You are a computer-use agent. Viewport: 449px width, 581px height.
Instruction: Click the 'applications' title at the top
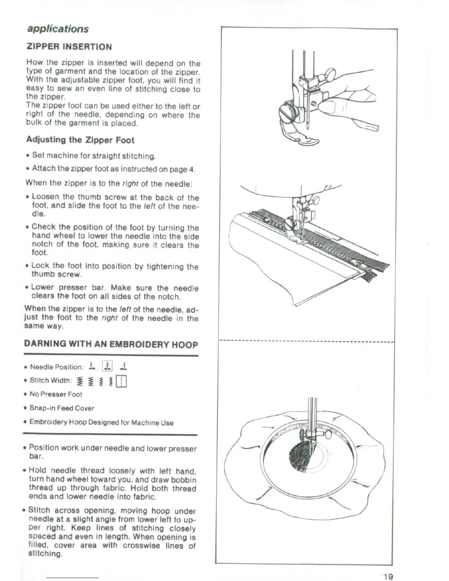[x=57, y=29]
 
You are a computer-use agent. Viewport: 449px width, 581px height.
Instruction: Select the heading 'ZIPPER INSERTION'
[x=69, y=47]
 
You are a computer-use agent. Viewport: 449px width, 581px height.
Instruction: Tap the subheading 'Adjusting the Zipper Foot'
[x=80, y=140]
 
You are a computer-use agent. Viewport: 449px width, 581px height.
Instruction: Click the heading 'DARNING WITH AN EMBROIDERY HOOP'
[x=111, y=344]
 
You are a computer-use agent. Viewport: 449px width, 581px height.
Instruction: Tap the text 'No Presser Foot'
[x=56, y=394]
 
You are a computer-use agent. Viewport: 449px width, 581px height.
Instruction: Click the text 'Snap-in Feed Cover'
[x=62, y=408]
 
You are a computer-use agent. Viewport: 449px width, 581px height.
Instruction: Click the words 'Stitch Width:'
[x=50, y=380]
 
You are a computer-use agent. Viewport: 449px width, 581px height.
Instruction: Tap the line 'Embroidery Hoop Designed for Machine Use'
[x=101, y=423]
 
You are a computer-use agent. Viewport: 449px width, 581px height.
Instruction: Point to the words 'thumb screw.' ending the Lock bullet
[x=56, y=274]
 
